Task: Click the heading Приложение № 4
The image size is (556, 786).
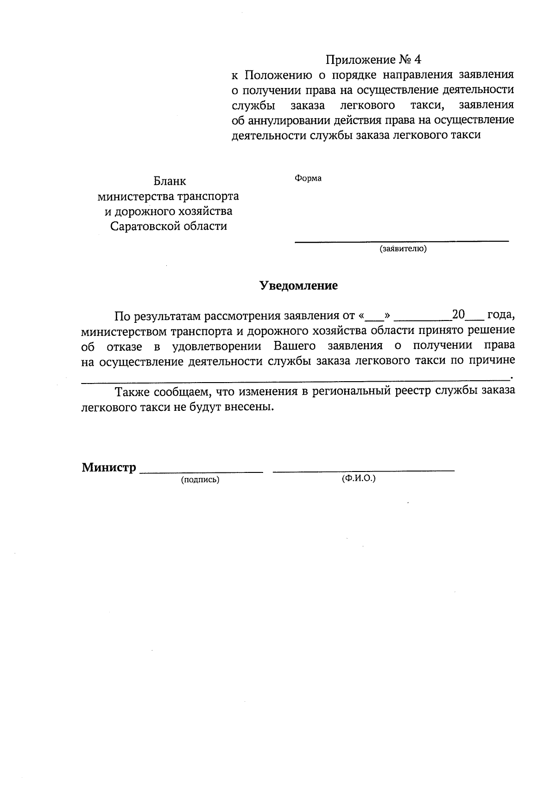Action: pos(374,60)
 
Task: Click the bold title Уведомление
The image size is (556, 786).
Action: pos(298,286)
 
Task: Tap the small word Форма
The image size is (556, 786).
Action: pos(308,178)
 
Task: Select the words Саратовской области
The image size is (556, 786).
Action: pos(169,226)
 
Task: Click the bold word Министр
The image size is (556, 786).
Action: pos(109,467)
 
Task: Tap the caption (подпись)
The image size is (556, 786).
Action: pos(200,480)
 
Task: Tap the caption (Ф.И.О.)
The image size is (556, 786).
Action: pos(359,478)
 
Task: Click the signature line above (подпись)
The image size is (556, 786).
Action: pos(201,472)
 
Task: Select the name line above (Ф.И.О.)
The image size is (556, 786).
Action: pos(364,471)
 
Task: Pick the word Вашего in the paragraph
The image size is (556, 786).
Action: pos(295,346)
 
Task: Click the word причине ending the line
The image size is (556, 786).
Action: pos(492,362)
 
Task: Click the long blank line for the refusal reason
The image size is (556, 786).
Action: pos(295,381)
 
